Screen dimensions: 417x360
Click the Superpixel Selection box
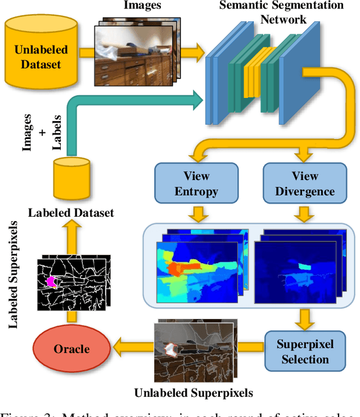pyautogui.click(x=305, y=351)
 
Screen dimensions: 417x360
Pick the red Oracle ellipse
pyautogui.click(x=71, y=349)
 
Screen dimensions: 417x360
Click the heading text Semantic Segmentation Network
pyautogui.click(x=282, y=12)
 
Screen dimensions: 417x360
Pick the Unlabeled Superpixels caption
pyautogui.click(x=193, y=392)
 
